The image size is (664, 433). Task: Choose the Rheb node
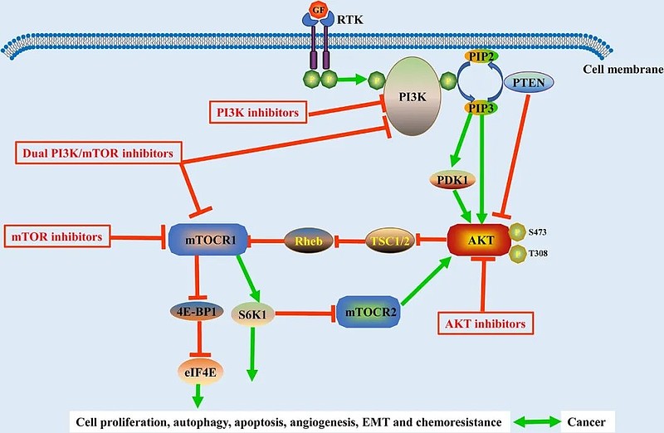309,241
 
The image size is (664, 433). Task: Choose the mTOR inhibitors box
56,238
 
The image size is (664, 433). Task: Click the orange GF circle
316,11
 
